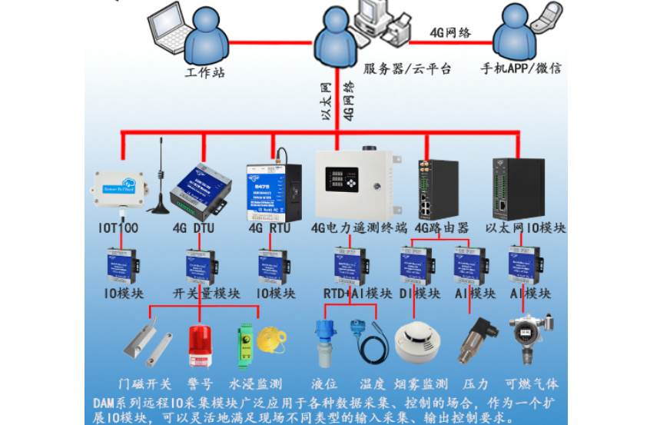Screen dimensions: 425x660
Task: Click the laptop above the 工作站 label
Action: pyautogui.click(x=170, y=23)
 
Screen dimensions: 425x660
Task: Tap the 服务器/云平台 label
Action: pyautogui.click(x=396, y=68)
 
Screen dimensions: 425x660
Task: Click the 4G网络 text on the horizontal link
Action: pyautogui.click(x=450, y=32)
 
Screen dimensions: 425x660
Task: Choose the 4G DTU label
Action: pyautogui.click(x=193, y=228)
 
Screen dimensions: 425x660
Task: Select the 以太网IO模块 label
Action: pyautogui.click(x=526, y=228)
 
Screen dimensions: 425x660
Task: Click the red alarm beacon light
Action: pyautogui.click(x=200, y=347)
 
